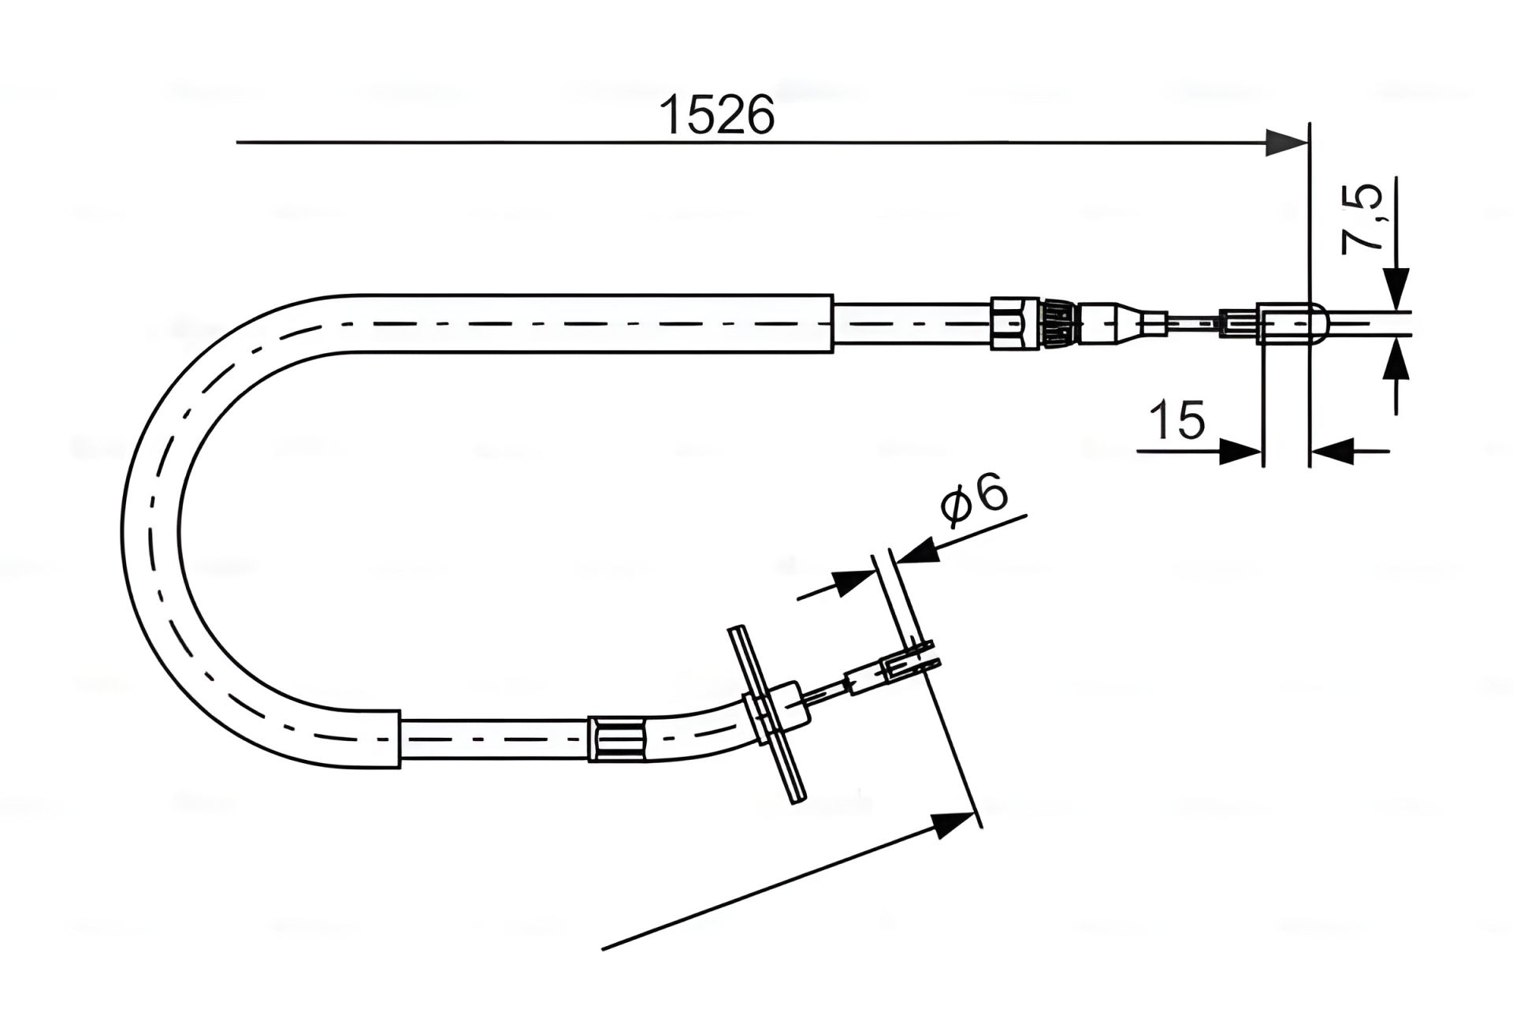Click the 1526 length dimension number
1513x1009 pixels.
[717, 115]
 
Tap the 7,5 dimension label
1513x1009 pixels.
[1363, 219]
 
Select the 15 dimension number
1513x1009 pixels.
[1177, 419]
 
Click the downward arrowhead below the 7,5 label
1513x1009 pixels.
[1396, 289]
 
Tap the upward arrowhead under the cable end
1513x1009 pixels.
[1396, 358]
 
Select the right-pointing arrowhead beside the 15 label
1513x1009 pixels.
[1240, 452]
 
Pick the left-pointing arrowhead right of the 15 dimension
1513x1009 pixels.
[1332, 452]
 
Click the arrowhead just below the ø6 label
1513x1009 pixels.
[918, 549]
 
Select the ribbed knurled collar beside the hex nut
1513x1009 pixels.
[1053, 322]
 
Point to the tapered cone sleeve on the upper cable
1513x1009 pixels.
[1135, 322]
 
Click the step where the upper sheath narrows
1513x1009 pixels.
[833, 323]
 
